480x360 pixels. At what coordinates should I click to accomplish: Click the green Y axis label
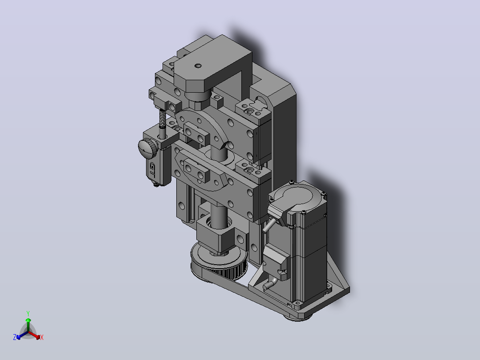click(28, 313)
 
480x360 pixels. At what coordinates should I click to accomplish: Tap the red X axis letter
click(42, 337)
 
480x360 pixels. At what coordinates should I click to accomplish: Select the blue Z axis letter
click(15, 337)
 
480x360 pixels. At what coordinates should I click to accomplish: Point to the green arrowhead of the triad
click(28, 320)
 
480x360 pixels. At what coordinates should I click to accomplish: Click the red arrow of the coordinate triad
click(34, 335)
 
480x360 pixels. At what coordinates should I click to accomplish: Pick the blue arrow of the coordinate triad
click(22, 335)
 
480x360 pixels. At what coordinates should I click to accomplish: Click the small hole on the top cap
click(198, 65)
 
